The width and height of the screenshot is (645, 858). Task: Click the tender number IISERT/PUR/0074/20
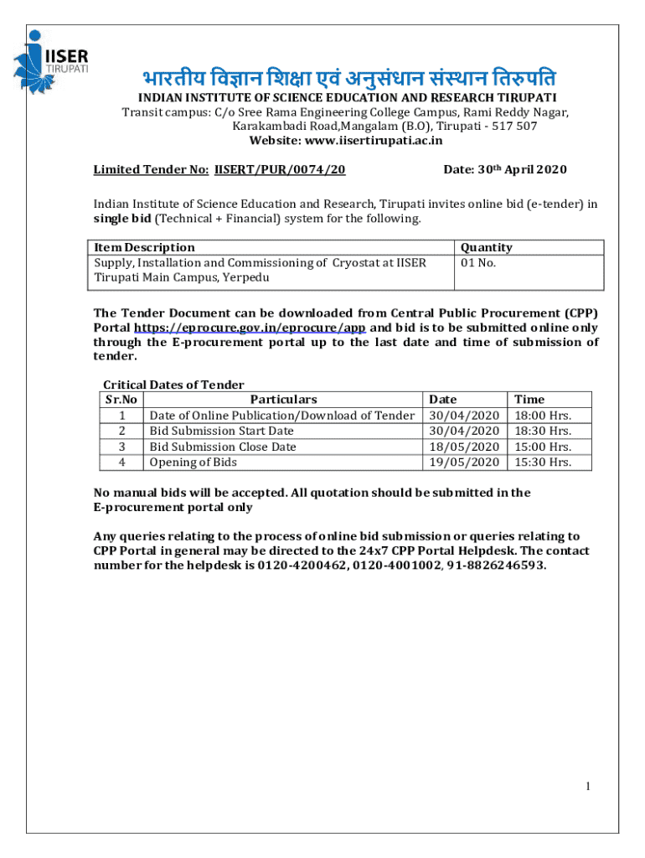coord(280,169)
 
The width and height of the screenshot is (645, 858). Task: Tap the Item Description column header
coord(144,247)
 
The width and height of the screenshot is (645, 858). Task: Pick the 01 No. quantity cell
coord(479,262)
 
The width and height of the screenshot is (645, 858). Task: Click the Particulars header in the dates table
coord(283,400)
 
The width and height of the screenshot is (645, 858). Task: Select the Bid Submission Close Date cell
coord(222,447)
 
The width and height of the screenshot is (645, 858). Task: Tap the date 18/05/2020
coord(463,447)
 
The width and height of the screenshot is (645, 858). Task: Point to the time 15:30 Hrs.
coord(542,462)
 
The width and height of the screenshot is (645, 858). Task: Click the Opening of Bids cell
coord(193,462)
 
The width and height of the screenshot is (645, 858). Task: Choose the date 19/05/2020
coord(463,462)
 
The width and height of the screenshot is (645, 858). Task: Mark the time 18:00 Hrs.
coord(542,415)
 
